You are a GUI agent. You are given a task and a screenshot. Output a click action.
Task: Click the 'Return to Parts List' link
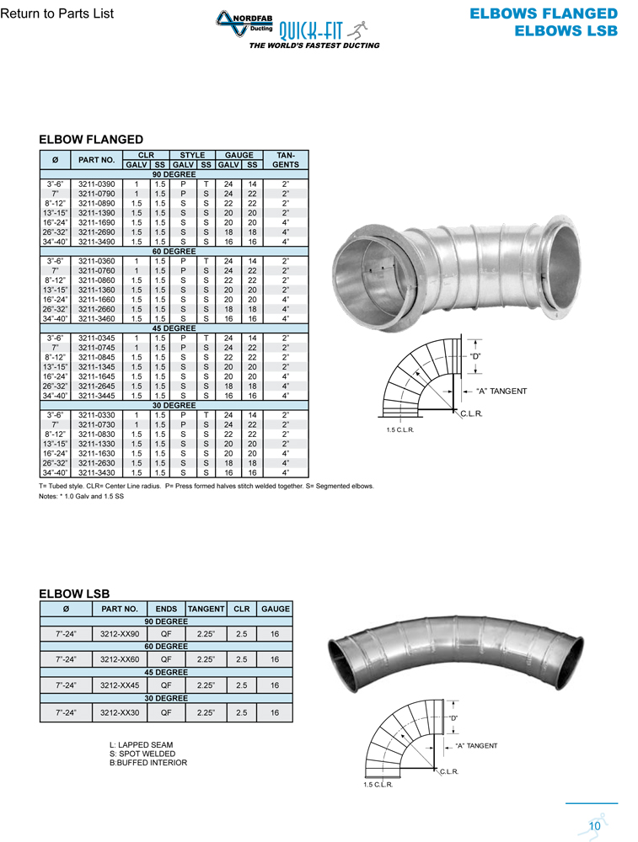(x=57, y=13)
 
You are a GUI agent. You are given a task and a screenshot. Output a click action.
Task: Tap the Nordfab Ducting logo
(x=245, y=24)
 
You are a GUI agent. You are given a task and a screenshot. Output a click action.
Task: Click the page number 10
(x=594, y=826)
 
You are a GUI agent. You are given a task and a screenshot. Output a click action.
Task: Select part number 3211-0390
(x=97, y=184)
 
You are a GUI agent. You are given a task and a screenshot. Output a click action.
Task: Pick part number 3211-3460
(x=97, y=319)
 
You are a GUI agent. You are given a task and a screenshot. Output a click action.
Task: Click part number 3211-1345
(x=97, y=367)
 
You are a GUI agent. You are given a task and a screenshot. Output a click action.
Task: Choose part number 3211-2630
(x=97, y=463)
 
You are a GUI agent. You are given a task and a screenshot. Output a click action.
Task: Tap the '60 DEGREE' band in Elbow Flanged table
(x=174, y=251)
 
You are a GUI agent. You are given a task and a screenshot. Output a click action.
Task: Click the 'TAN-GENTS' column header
(x=286, y=160)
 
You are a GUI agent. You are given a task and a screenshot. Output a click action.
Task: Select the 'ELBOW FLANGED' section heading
(x=91, y=140)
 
